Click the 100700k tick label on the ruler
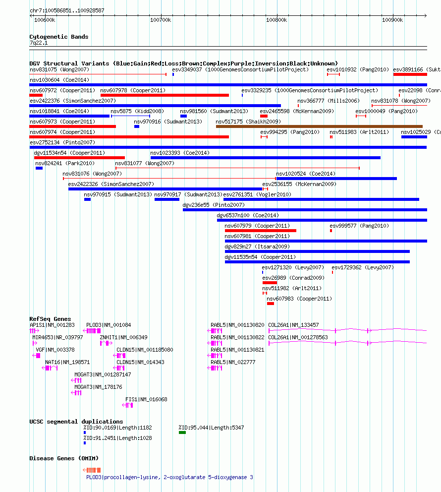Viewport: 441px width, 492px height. pyautogui.click(x=161, y=20)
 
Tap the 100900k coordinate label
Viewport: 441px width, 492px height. pyautogui.click(x=392, y=20)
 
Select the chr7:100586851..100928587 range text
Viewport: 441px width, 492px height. pyautogui.click(x=67, y=10)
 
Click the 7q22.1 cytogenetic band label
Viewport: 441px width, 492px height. pyautogui.click(x=39, y=43)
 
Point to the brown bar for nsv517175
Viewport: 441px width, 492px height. pyautogui.click(x=319, y=126)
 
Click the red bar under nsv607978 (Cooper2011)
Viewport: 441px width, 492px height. pyautogui.click(x=165, y=95)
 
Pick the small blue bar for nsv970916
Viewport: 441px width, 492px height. pyautogui.click(x=137, y=126)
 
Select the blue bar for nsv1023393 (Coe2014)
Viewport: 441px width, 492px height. pyautogui.click(x=266, y=158)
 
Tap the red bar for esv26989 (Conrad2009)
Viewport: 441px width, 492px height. pyautogui.click(x=270, y=283)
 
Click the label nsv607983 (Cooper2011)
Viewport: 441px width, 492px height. pyautogui.click(x=299, y=299)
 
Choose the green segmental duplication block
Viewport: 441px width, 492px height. pyautogui.click(x=182, y=432)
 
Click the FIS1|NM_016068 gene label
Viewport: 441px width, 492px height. pyautogui.click(x=146, y=399)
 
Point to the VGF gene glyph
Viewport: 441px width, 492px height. pyautogui.click(x=36, y=356)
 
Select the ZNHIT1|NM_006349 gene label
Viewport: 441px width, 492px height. pyautogui.click(x=123, y=337)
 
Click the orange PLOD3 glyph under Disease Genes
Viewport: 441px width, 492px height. pyautogui.click(x=92, y=470)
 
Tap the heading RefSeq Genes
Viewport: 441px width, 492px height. pyautogui.click(x=50, y=319)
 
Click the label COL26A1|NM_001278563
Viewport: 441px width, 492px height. pyautogui.click(x=298, y=337)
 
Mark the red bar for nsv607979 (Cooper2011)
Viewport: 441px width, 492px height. pyautogui.click(x=261, y=231)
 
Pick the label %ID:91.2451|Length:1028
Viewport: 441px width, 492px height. pyautogui.click(x=117, y=438)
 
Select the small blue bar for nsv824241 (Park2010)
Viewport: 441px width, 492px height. pyautogui.click(x=39, y=168)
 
